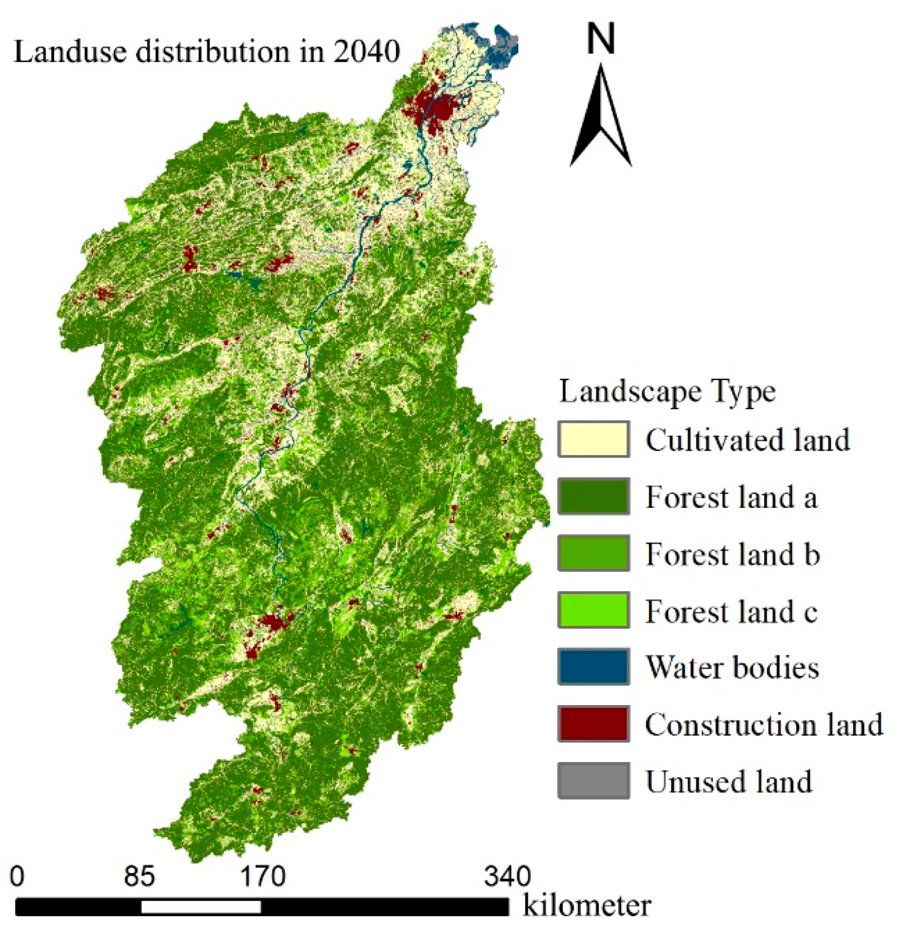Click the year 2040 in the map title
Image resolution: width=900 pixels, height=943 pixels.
pyautogui.click(x=366, y=51)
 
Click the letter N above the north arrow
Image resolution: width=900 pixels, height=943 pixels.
pyautogui.click(x=601, y=39)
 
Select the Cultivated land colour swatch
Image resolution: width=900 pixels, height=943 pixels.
pyautogui.click(x=594, y=439)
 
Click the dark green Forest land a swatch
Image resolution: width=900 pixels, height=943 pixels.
pyautogui.click(x=594, y=496)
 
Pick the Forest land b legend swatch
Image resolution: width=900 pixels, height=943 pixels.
pyautogui.click(x=594, y=553)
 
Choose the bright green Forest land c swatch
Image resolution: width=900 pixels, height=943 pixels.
pyautogui.click(x=594, y=610)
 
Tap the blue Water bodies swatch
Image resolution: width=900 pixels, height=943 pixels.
pyautogui.click(x=594, y=666)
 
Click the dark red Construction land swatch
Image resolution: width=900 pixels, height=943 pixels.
pyautogui.click(x=594, y=723)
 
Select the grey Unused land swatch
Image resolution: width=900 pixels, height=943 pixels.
pyautogui.click(x=594, y=780)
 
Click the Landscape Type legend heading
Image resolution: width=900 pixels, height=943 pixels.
pyautogui.click(x=667, y=392)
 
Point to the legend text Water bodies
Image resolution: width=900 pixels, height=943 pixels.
pyautogui.click(x=732, y=667)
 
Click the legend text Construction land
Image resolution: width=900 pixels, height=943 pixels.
pyautogui.click(x=764, y=724)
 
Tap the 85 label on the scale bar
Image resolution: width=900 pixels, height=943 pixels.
pyautogui.click(x=139, y=876)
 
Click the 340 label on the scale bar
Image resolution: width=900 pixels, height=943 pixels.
pyautogui.click(x=507, y=876)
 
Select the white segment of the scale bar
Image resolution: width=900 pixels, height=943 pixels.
pyautogui.click(x=201, y=906)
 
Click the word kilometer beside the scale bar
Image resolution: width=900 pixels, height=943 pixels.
pyautogui.click(x=587, y=906)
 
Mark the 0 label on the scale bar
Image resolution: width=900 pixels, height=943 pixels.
pyautogui.click(x=17, y=876)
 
